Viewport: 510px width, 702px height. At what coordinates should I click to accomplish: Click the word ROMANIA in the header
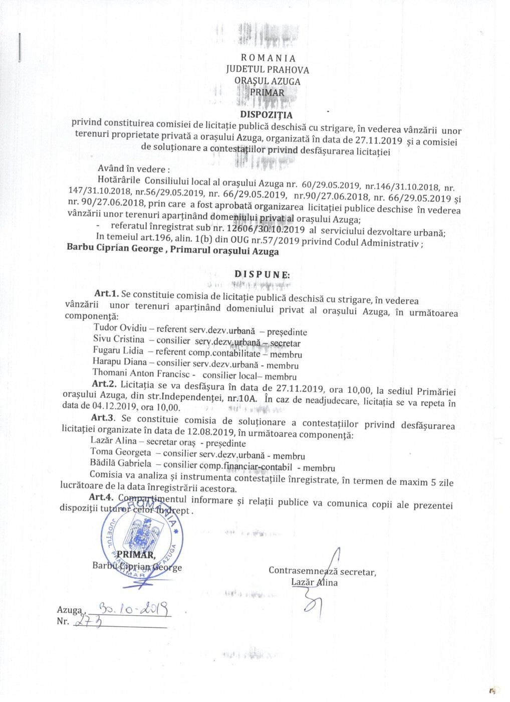coord(268,58)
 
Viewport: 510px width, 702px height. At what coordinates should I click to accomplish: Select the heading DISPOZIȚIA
coord(266,115)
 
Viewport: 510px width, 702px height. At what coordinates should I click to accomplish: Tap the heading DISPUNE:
coord(262,275)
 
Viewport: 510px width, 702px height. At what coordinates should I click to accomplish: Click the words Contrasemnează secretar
coord(322,571)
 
